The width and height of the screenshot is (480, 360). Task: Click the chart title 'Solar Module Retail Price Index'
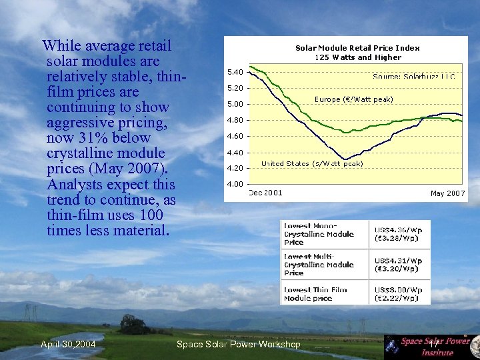(357, 47)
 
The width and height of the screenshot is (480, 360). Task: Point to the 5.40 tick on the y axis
(235, 72)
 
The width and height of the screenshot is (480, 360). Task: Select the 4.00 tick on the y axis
(235, 184)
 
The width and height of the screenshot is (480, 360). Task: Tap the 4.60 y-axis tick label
(235, 136)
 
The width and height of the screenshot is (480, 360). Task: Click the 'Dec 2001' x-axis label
(265, 193)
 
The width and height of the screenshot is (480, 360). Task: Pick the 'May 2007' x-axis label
(447, 193)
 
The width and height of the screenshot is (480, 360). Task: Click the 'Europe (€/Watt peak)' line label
(353, 99)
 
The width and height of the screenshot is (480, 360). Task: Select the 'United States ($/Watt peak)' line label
(312, 163)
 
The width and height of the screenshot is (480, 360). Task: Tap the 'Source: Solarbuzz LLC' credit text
(414, 77)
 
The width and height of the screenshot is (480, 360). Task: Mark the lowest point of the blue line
(345, 159)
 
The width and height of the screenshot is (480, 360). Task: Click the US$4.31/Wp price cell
(397, 265)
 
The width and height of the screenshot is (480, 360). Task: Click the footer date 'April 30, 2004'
(67, 344)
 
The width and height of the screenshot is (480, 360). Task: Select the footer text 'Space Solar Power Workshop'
(238, 344)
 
